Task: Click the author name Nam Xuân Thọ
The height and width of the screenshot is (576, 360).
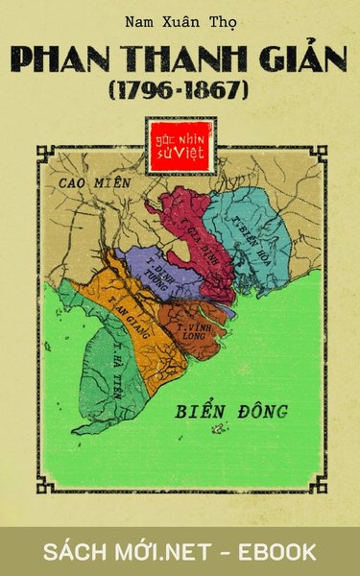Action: point(180,20)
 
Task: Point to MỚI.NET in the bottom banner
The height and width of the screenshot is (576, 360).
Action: point(173,551)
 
